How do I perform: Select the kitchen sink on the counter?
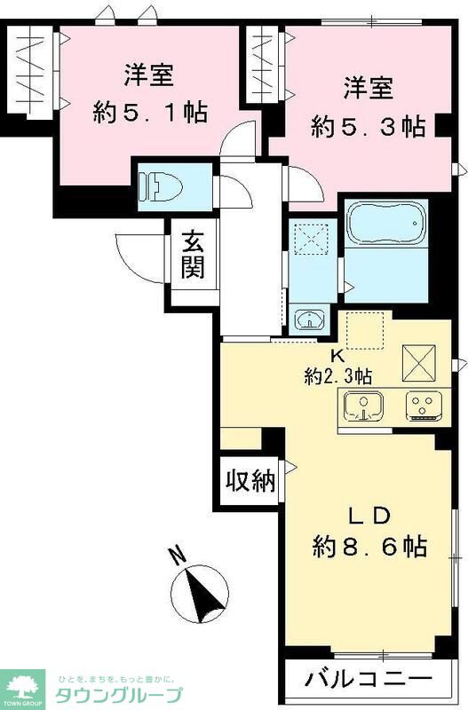pos(362,406)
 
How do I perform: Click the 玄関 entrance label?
pos(194,254)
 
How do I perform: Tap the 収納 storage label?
pos(249,482)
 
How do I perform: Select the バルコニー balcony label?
pos(369,681)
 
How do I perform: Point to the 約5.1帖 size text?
pos(150,111)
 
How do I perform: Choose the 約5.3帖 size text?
pos(368,125)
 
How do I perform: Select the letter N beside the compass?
pos(177,556)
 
